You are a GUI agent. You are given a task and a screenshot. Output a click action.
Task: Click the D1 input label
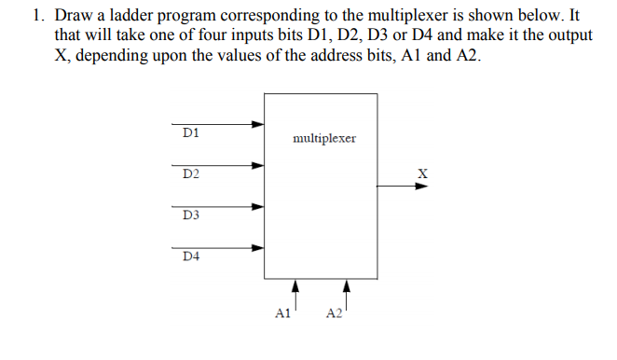pos(189,133)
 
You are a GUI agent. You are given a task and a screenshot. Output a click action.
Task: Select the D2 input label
pos(190,174)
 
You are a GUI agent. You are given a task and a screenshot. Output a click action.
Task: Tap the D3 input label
pos(190,215)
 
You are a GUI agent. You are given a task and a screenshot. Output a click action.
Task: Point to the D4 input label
pos(190,256)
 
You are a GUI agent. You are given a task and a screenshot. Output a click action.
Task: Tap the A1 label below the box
pos(283,314)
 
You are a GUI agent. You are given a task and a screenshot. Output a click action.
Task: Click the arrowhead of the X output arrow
pos(421,186)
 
